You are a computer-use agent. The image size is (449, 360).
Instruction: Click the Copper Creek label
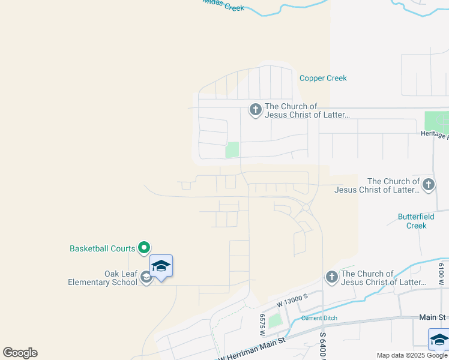pos(323,78)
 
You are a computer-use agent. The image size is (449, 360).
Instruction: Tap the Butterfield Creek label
pos(412,221)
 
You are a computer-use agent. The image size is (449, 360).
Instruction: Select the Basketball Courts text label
pos(103,248)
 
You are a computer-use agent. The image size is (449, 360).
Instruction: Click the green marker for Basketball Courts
pos(144,247)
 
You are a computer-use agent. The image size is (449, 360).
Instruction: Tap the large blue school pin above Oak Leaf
pos(161,265)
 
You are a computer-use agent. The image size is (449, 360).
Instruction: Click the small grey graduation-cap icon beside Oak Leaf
pos(145,277)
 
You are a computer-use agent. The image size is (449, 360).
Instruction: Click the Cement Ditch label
pos(319,318)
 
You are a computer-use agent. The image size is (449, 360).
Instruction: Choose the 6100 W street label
pos(441,273)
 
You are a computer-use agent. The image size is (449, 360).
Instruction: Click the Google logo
pos(20,353)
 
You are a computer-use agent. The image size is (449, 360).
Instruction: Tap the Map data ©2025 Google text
pos(412,355)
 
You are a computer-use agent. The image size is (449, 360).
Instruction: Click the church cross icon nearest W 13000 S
pos(332,277)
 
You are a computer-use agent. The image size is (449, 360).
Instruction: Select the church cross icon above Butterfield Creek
pos(428,184)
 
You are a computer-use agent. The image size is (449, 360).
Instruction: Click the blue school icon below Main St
pos(439,340)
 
